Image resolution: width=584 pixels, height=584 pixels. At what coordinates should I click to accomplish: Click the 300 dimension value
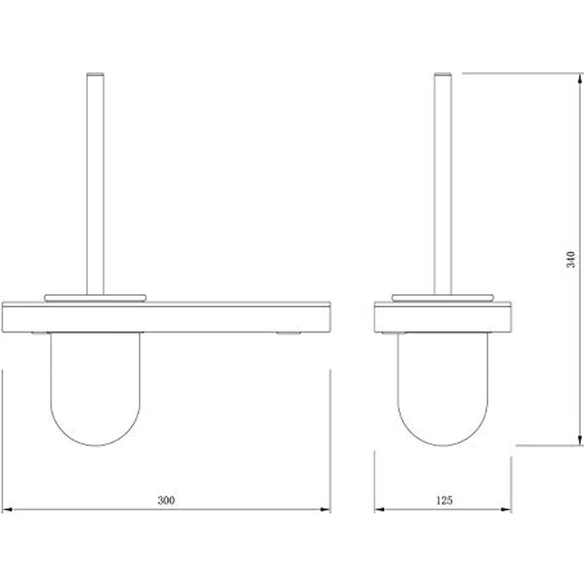[166, 501]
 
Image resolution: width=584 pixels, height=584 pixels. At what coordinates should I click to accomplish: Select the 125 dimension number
[444, 501]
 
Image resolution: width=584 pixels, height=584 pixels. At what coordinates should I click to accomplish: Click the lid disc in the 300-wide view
[95, 298]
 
